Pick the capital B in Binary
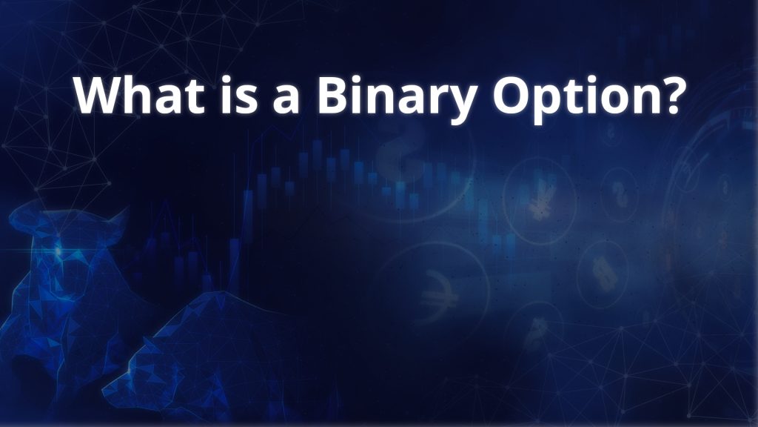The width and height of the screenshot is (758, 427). click(x=334, y=95)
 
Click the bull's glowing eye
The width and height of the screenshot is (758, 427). click(x=58, y=251)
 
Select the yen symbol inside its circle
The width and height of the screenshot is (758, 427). click(x=540, y=202)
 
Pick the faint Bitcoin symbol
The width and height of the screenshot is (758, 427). click(x=536, y=333)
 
